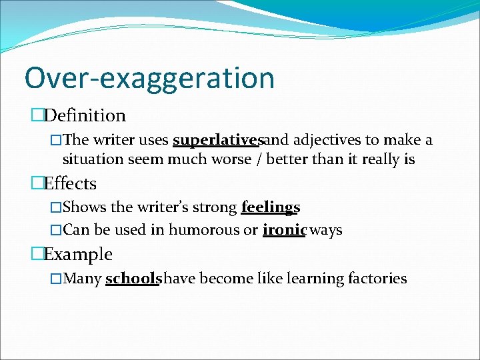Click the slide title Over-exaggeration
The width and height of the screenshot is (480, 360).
point(149,78)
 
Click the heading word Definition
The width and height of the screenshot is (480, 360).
point(85,115)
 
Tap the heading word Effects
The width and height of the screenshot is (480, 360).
point(70,183)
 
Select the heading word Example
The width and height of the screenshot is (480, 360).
point(78,254)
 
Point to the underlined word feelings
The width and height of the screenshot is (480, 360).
point(271,207)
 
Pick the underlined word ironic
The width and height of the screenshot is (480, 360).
point(285,230)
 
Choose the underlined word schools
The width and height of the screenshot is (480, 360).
point(133,278)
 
